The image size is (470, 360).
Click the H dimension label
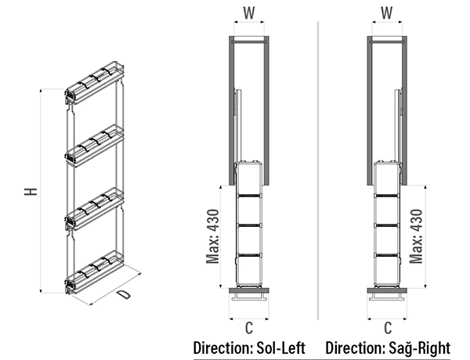(30, 192)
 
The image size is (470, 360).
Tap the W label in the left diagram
(249, 13)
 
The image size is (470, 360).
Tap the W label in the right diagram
(386, 13)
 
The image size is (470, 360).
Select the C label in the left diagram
(249, 327)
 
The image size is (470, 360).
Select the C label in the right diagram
(387, 327)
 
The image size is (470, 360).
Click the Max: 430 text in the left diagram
(213, 236)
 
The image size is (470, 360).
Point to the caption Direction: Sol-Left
(248, 347)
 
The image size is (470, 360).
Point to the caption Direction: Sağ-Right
(393, 347)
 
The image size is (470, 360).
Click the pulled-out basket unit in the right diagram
(387, 223)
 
